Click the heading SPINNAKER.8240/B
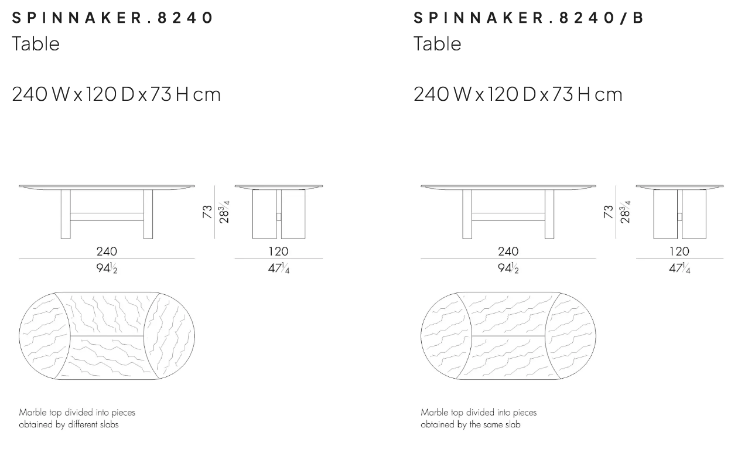(x=528, y=18)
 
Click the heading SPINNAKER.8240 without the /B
(x=112, y=18)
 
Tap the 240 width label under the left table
(x=107, y=251)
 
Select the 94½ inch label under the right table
(x=508, y=268)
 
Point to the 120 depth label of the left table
(x=278, y=251)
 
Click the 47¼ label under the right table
(x=679, y=268)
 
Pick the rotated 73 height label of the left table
(x=207, y=212)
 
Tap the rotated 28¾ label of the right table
(x=625, y=212)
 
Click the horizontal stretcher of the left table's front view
(x=107, y=217)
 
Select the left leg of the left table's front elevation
(x=66, y=214)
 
